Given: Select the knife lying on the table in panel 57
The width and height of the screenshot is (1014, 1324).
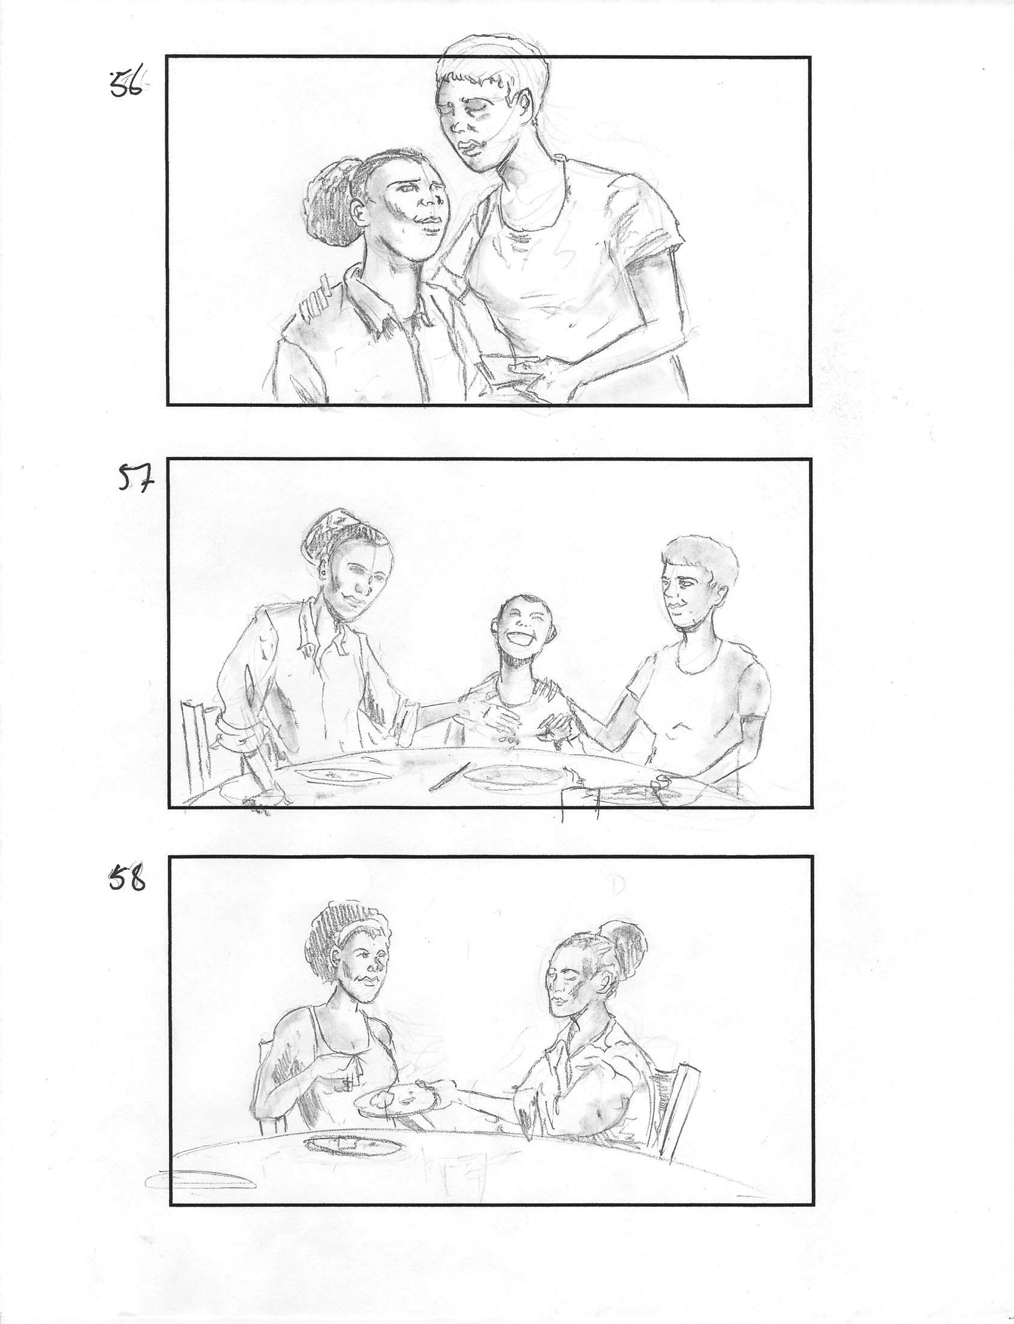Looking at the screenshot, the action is click(x=449, y=778).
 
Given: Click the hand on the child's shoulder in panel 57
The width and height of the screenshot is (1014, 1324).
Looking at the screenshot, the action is click(x=552, y=688).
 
